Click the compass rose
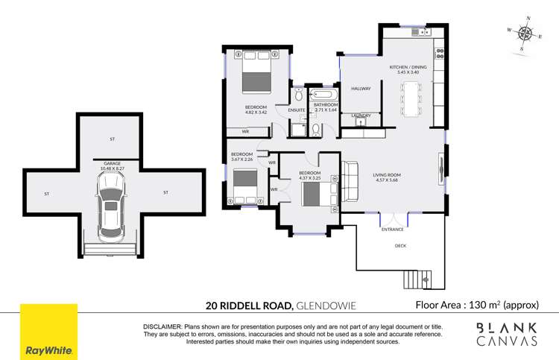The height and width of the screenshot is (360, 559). pos(527,33)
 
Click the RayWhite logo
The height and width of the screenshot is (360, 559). pos(48,332)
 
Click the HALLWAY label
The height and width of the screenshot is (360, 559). pos(361,89)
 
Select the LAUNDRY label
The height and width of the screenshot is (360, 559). pos(361,116)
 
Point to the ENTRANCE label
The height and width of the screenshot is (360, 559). pos(393,229)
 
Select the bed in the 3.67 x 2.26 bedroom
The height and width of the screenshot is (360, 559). pos(245,186)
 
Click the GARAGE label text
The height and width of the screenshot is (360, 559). pos(112,162)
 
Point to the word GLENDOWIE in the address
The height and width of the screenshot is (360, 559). pos(326,305)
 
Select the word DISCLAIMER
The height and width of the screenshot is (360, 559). pos(162,327)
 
